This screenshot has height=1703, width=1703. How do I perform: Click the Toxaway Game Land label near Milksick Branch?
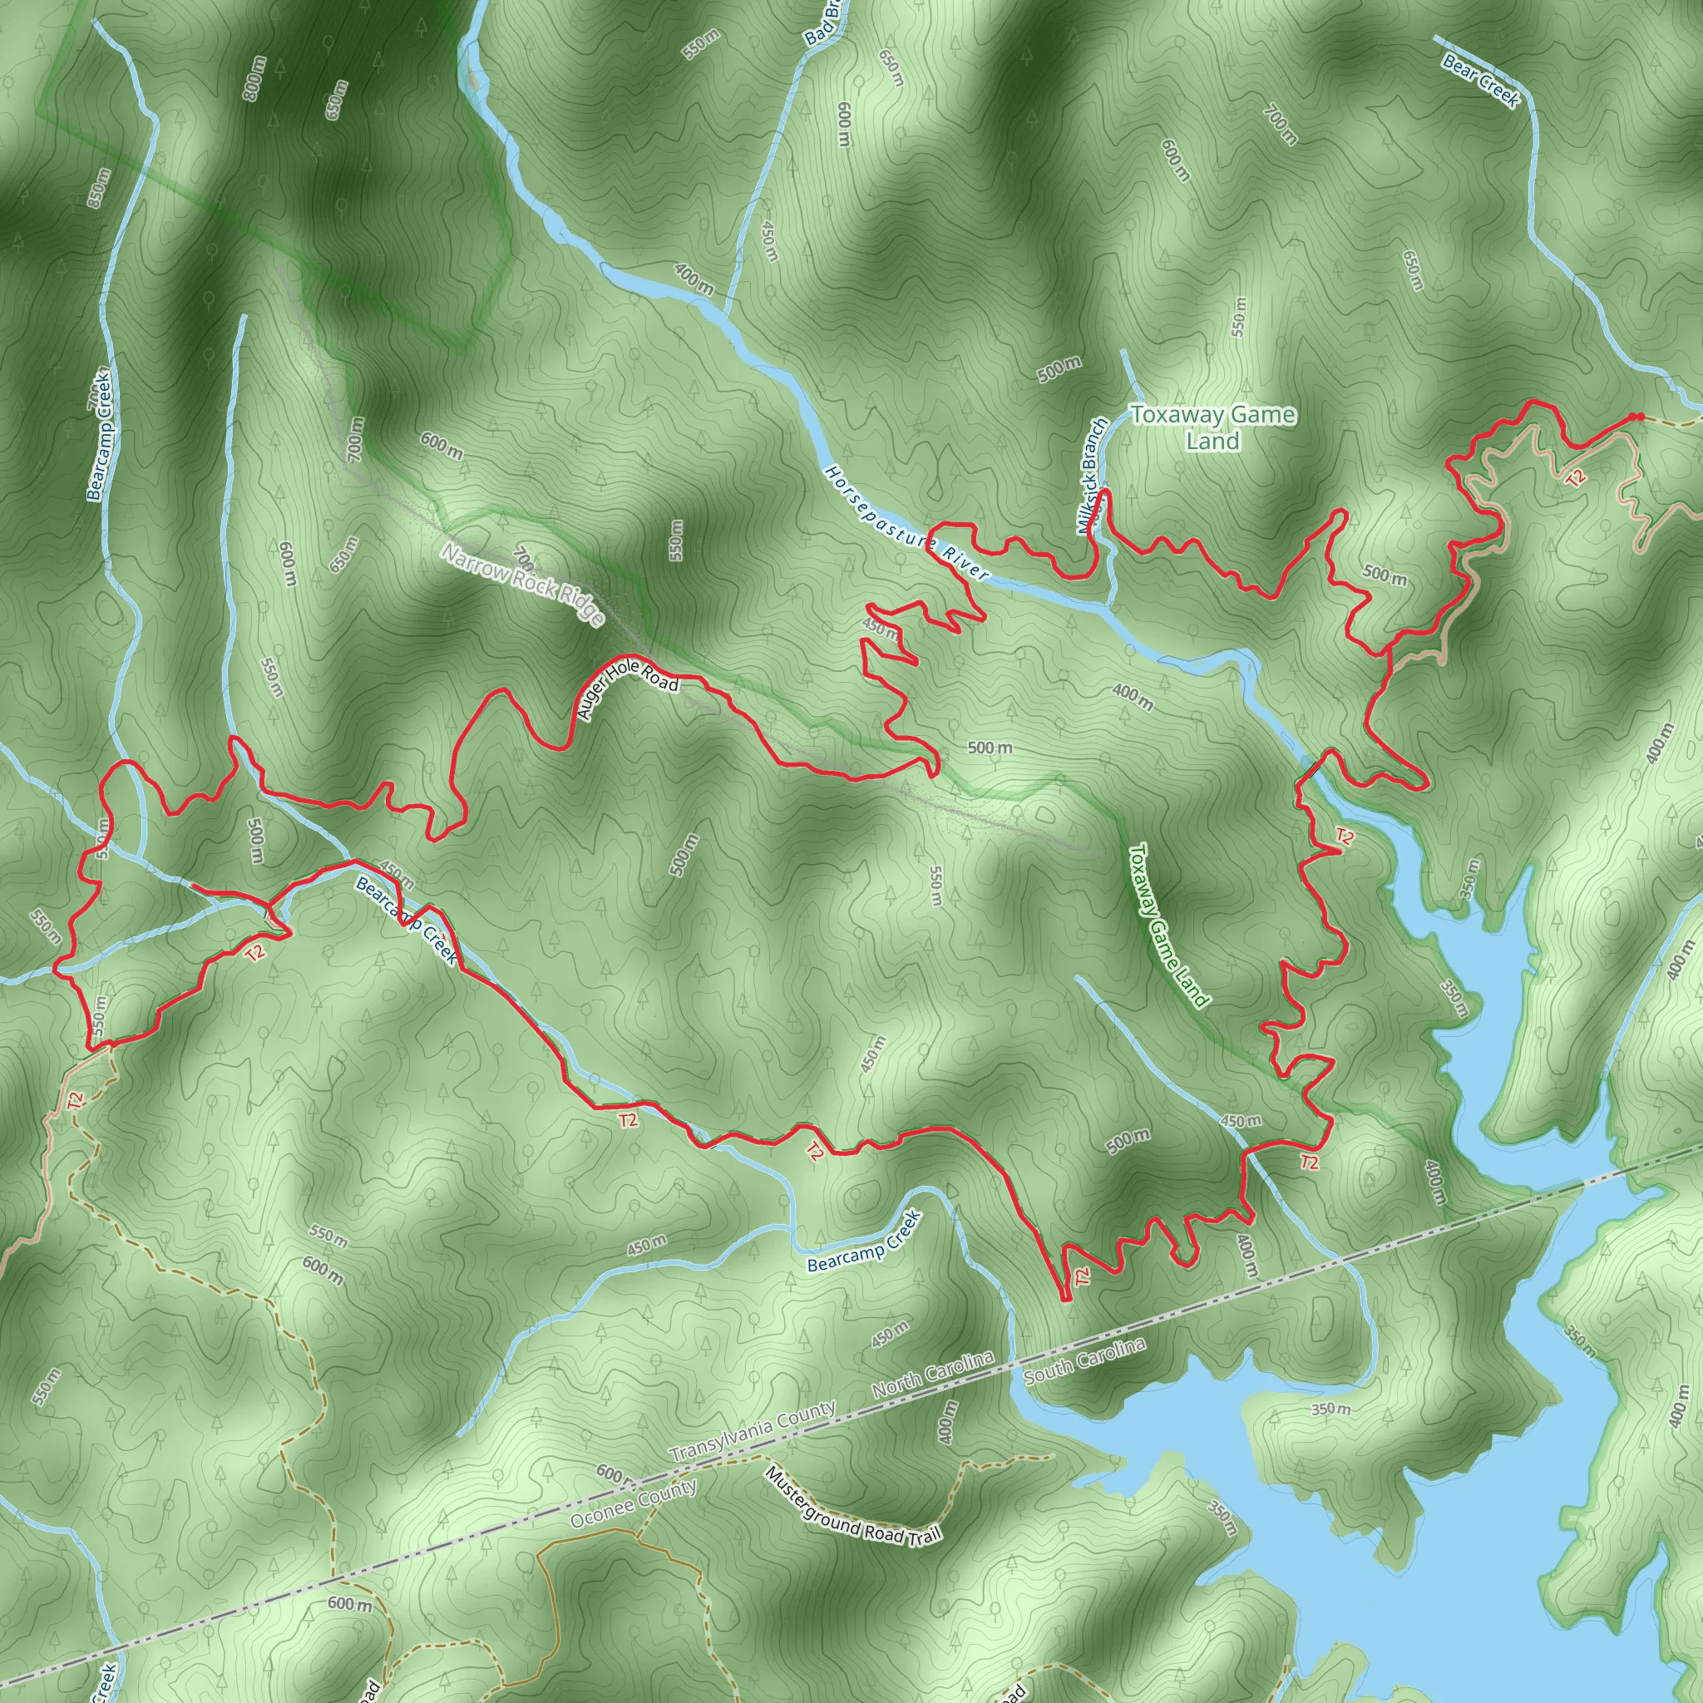tap(1213, 427)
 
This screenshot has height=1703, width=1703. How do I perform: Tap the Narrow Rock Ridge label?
tap(523, 585)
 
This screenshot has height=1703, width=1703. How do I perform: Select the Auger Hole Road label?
tap(627, 690)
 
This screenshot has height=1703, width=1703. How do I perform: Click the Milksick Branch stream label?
tap(1091, 476)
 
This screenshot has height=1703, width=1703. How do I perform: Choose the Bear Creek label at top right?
tap(1481, 80)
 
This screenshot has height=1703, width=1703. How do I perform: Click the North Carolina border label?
tap(933, 1375)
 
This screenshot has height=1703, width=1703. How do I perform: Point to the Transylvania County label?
tap(752, 1432)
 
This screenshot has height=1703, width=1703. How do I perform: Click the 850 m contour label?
tap(99, 188)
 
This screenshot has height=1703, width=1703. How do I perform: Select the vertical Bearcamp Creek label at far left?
tap(98, 436)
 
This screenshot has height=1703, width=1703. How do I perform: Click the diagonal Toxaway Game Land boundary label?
tap(1168, 925)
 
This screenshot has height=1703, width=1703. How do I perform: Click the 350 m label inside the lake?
tap(1330, 1409)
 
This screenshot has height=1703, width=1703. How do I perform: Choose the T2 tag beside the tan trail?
tap(1576, 476)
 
